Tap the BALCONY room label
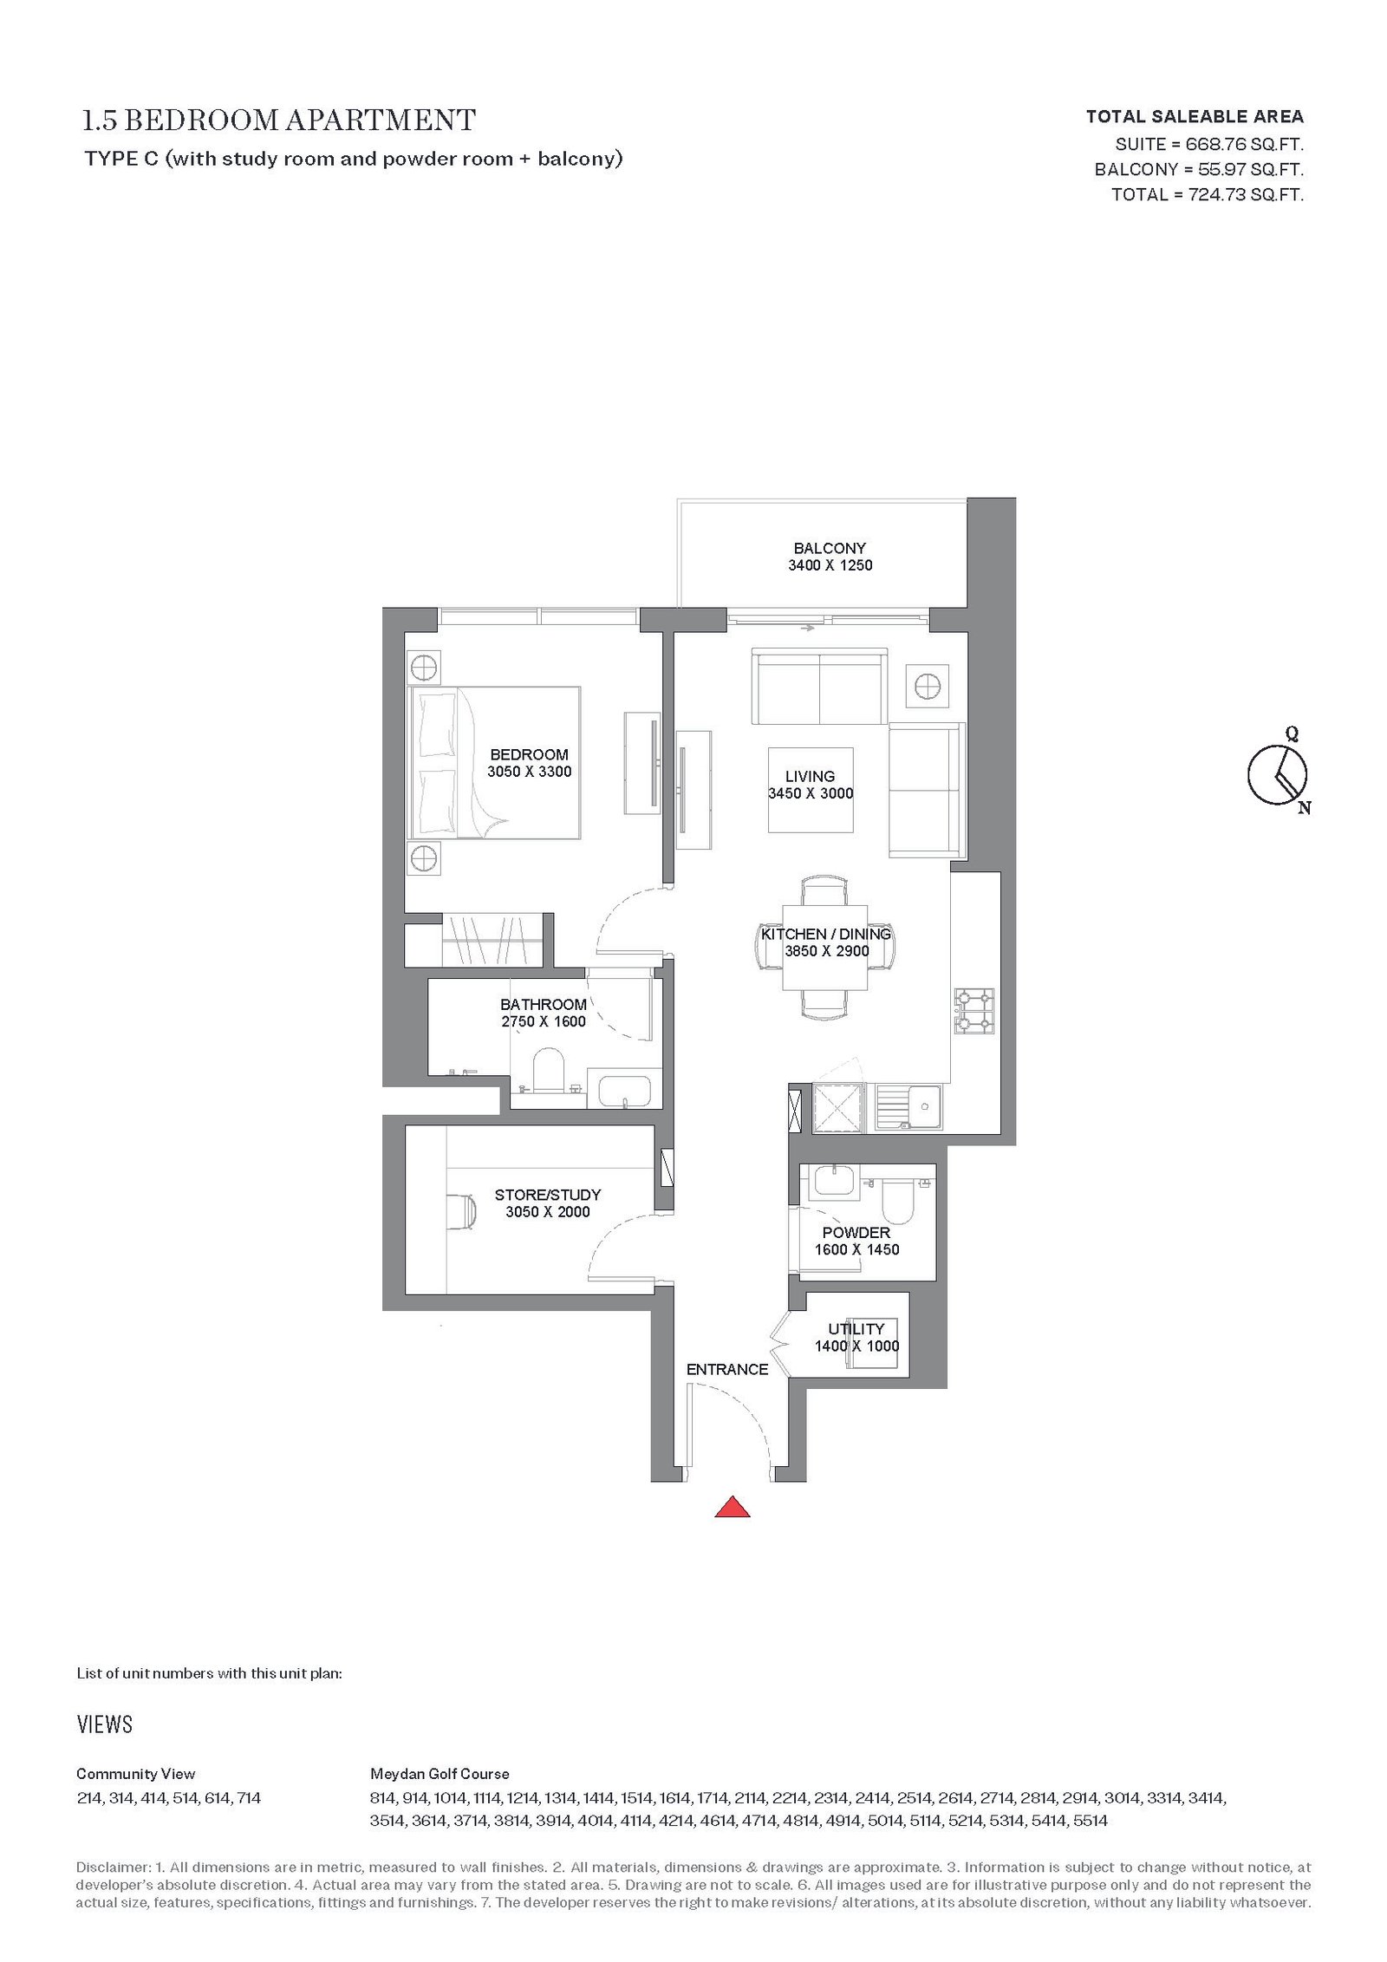click(x=830, y=548)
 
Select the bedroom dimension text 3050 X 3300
click(x=529, y=772)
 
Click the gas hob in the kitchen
click(x=974, y=1012)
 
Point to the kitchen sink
click(x=908, y=1107)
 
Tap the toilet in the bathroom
click(x=547, y=1072)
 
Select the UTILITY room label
click(x=856, y=1329)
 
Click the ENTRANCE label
click(x=727, y=1370)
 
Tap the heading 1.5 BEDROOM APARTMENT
click(x=279, y=121)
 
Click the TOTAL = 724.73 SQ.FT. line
click(x=1208, y=195)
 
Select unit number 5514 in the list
click(x=1091, y=1821)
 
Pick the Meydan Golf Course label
click(x=440, y=1774)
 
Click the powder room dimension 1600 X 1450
click(x=856, y=1249)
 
